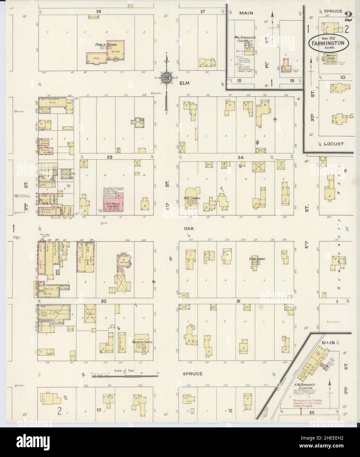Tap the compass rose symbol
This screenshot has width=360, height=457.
pos(166,78)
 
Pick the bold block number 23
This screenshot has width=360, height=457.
pos(109,157)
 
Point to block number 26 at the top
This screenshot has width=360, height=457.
pos(98,12)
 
